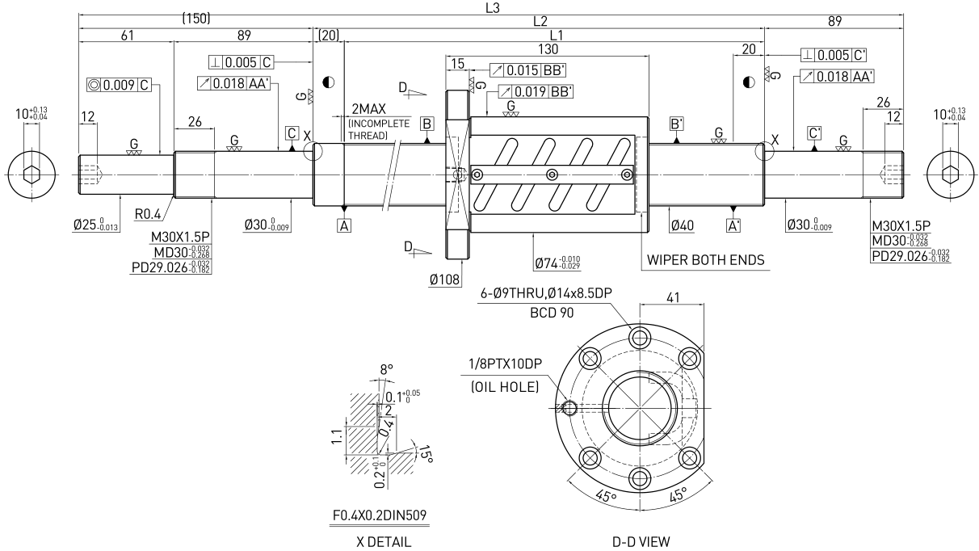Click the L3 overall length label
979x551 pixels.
tap(492, 8)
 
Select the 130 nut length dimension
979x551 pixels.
tap(548, 49)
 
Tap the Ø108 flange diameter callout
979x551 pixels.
tap(444, 280)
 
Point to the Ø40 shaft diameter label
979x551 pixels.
tap(683, 225)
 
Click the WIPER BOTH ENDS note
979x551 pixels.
tap(705, 260)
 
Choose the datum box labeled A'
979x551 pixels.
tap(733, 225)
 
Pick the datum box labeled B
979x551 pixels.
tap(426, 124)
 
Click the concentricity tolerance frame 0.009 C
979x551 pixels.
tap(119, 84)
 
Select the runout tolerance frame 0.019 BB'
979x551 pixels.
tap(536, 91)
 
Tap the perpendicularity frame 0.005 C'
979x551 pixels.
tap(834, 55)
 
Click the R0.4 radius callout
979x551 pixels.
tap(148, 214)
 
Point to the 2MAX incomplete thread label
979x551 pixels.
tap(369, 109)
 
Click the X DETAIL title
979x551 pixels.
tap(384, 542)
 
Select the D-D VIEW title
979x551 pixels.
tap(641, 542)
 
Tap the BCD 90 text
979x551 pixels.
tap(552, 313)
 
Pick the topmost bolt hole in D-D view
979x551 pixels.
tap(641, 338)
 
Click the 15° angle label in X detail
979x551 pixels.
tap(426, 455)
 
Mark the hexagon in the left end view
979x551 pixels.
tap(32, 175)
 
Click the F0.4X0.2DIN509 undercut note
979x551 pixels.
tap(380, 515)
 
